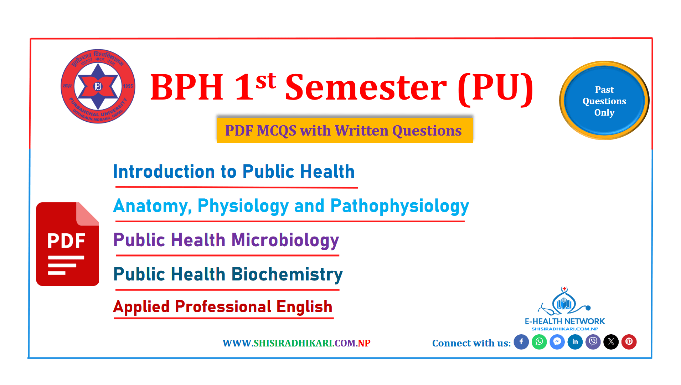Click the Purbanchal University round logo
point(98,86)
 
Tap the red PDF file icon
point(67,244)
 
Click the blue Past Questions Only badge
point(604,101)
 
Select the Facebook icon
point(521,342)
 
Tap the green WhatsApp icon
point(539,342)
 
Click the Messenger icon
point(557,342)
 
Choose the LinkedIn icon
point(575,342)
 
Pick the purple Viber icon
point(593,342)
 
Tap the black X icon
point(611,342)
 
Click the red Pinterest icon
point(629,342)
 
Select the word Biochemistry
point(287,275)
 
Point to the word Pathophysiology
point(400,206)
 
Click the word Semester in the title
point(366,87)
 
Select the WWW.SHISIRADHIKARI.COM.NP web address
point(296,343)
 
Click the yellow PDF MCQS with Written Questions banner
point(345,131)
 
